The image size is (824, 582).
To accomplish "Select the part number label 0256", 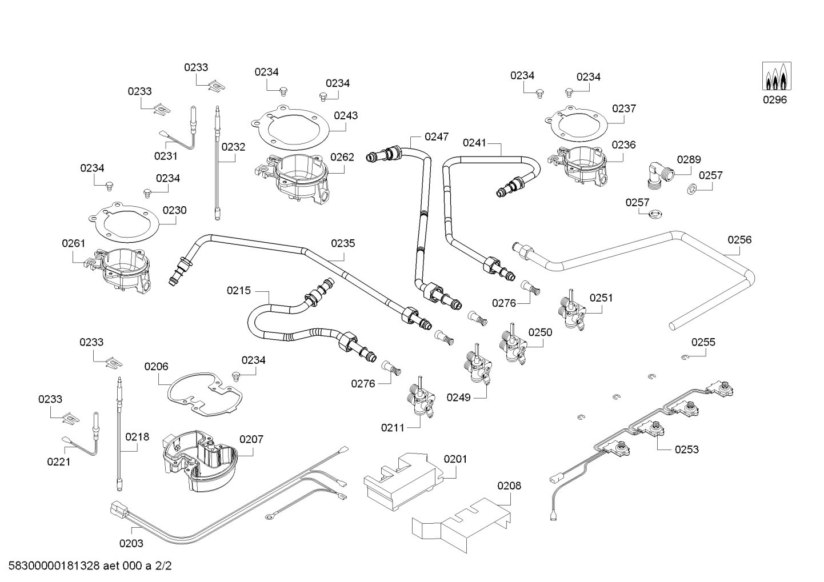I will click(739, 240).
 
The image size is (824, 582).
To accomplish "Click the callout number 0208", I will click(509, 485).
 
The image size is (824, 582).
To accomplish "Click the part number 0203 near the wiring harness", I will click(131, 544).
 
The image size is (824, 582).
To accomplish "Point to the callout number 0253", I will click(686, 449).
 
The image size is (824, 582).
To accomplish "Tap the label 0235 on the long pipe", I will click(343, 243).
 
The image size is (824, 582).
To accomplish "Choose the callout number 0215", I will click(239, 291).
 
